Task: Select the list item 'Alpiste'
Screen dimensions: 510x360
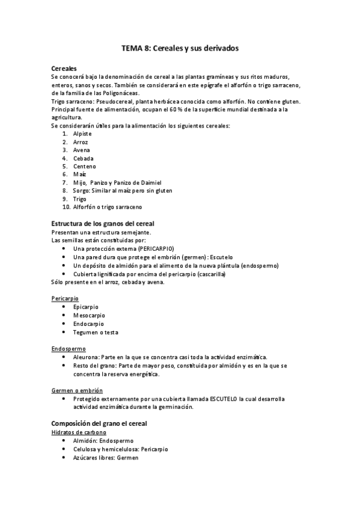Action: pos(84,134)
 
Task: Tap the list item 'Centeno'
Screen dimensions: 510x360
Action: pos(85,166)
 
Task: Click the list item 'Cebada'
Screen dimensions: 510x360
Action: pos(84,158)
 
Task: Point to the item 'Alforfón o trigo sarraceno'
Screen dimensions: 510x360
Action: pos(108,207)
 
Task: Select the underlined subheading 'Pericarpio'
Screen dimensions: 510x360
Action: pos(65,298)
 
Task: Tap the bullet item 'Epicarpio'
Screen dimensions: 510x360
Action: pos(85,307)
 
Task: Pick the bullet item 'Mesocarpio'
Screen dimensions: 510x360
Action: pos(88,315)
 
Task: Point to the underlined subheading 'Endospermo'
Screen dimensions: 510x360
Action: pos(68,348)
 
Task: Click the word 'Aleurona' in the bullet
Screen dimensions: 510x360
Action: pos(87,357)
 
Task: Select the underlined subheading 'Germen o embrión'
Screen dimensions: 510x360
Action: pos(77,390)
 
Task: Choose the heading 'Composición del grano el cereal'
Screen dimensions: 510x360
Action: pos(99,423)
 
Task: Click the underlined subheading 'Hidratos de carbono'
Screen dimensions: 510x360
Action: pos(79,432)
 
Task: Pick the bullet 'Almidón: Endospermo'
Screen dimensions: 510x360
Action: pos(104,440)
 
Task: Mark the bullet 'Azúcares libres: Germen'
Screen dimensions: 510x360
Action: pos(105,457)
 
